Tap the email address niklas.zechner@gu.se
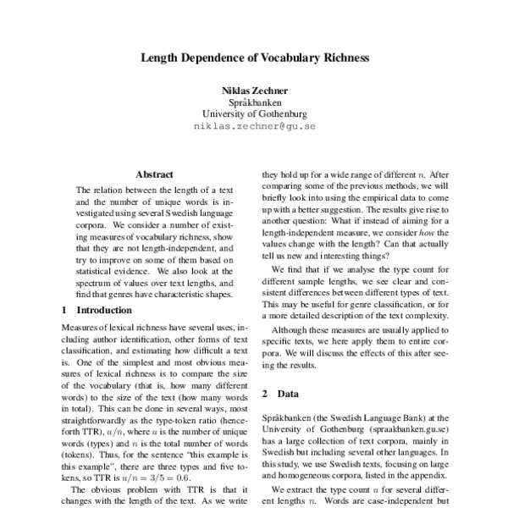point(254,127)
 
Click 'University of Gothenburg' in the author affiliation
point(254,113)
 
